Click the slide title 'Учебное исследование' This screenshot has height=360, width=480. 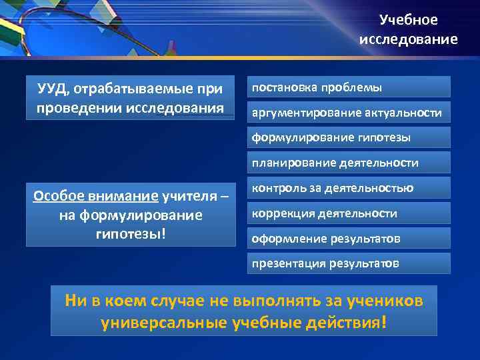408,30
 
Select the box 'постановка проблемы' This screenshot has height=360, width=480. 349,87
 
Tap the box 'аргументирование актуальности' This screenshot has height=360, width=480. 349,113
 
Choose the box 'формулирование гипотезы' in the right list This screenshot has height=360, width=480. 349,138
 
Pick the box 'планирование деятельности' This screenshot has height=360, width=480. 349,163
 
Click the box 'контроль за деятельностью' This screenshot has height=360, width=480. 349,189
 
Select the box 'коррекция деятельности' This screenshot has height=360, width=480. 349,213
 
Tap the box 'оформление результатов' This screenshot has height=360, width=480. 349,239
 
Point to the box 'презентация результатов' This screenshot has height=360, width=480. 349,263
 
